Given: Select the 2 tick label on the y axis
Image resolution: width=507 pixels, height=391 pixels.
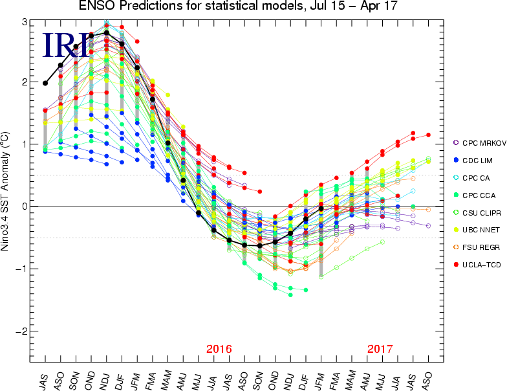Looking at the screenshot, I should pos(24,83).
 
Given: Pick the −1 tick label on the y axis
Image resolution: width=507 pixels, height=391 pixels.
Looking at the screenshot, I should pos(21,269).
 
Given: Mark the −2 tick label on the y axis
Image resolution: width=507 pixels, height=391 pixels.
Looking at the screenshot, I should pos(21,331).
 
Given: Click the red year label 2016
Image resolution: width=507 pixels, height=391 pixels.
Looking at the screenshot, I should pos(219,349).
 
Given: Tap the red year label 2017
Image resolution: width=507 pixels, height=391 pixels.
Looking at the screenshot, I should pos(380,349).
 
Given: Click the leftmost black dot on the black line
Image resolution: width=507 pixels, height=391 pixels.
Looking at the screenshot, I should pos(45,83).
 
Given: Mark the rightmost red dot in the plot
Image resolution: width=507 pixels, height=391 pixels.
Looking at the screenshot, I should pos(428,135).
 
